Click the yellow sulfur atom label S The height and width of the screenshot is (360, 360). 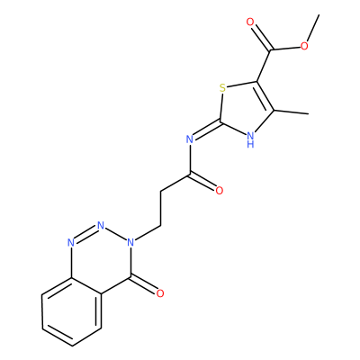[x=222, y=88]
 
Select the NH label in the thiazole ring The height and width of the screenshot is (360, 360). [x=250, y=139]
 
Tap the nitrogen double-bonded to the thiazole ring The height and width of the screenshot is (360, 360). [x=189, y=139]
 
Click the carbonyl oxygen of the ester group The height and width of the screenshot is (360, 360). [x=250, y=22]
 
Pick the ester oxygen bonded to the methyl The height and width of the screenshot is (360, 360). [x=304, y=46]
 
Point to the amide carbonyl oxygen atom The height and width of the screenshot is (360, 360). [x=220, y=191]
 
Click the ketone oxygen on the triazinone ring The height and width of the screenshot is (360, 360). [x=160, y=293]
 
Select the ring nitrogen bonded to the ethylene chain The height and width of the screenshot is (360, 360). [x=130, y=242]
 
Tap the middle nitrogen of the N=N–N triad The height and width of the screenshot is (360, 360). [x=101, y=225]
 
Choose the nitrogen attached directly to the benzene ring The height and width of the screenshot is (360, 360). [x=71, y=242]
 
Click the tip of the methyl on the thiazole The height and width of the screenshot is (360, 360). [x=309, y=114]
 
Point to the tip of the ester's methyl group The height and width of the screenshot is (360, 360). [x=319, y=14]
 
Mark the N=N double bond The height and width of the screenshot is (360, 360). [x=86, y=234]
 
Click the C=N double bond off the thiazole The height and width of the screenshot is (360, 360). [x=205, y=130]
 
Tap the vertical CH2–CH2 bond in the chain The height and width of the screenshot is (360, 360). [x=161, y=208]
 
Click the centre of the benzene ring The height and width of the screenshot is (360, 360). [x=71, y=311]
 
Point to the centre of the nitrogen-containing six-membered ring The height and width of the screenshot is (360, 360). [x=101, y=260]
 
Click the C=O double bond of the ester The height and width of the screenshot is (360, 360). [x=261, y=37]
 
